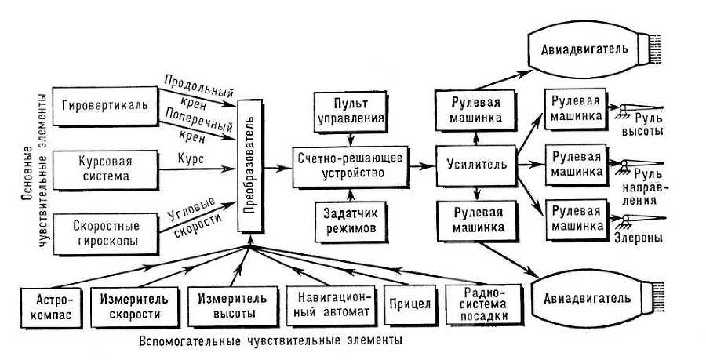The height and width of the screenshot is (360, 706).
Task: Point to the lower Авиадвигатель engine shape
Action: point(584,299)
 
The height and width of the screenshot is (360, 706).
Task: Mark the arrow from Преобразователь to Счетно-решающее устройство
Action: point(276,166)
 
